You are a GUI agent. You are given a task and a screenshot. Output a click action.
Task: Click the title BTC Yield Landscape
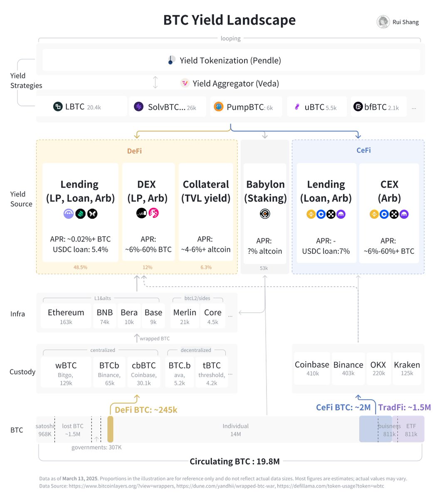click(229, 20)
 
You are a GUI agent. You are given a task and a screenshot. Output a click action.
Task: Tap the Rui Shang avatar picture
click(383, 22)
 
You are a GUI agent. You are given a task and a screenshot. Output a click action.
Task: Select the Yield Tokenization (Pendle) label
click(230, 60)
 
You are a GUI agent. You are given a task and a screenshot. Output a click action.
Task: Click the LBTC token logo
click(58, 107)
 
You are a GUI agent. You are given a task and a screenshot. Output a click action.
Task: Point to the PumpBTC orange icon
click(218, 107)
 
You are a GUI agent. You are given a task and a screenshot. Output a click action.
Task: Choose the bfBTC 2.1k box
click(379, 107)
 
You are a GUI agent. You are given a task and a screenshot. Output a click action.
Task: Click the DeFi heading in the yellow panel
click(134, 151)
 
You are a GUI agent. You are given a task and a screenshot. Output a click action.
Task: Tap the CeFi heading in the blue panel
click(363, 150)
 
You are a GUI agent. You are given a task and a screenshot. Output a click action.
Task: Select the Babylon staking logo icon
click(265, 214)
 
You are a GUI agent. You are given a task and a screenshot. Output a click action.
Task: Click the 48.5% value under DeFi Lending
click(80, 267)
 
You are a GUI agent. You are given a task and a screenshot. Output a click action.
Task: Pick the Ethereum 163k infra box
click(66, 316)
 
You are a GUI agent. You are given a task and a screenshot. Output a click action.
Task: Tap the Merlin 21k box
click(185, 316)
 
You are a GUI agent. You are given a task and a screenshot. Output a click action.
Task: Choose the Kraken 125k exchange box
click(407, 368)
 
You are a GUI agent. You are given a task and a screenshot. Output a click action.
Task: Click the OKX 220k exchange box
click(378, 368)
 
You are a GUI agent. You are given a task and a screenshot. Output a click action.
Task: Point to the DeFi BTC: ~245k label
click(146, 410)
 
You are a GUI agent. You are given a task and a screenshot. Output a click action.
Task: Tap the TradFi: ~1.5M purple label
click(404, 407)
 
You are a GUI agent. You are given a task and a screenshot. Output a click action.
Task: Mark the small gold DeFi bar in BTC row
click(110, 429)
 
